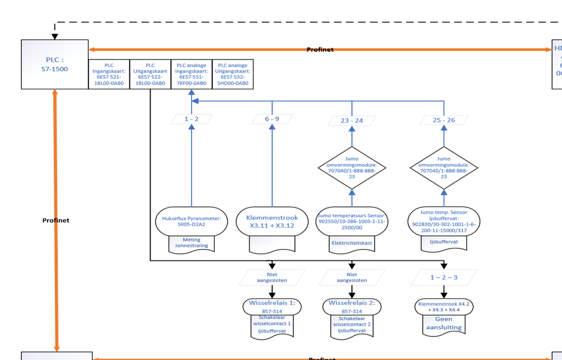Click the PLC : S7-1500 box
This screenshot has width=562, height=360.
point(55,64)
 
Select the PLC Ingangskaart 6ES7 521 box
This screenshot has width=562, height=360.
point(109,74)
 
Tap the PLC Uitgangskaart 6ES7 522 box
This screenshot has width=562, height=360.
point(150,74)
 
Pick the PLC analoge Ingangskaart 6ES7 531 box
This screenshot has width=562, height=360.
point(192,74)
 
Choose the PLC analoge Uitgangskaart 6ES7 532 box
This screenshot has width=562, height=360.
point(233,74)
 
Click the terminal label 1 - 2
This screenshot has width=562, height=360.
point(191,119)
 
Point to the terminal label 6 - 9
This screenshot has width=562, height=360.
point(272,119)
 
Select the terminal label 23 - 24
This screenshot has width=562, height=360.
point(352,120)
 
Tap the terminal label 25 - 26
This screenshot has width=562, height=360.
point(444,120)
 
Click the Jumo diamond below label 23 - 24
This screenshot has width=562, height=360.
point(352,167)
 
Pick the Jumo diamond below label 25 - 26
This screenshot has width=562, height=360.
point(444,167)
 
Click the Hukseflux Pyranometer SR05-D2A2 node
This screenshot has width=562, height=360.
point(191,221)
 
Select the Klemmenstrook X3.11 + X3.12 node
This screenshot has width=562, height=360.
point(272,221)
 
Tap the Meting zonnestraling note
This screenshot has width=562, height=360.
point(191,243)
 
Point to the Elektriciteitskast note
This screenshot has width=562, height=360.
point(352,243)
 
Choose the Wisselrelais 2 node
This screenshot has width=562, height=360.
point(352,307)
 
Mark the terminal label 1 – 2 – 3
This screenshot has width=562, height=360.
point(444,277)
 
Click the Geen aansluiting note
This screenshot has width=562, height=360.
point(444,324)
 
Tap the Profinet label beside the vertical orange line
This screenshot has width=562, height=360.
point(56,220)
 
